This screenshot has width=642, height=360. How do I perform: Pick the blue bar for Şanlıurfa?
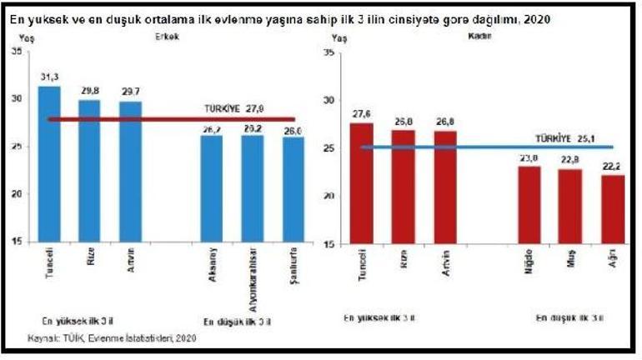[293, 191]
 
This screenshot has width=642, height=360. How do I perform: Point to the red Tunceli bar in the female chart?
[361, 183]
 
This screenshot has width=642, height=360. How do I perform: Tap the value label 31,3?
[49, 77]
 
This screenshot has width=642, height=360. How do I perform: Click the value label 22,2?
[613, 166]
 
